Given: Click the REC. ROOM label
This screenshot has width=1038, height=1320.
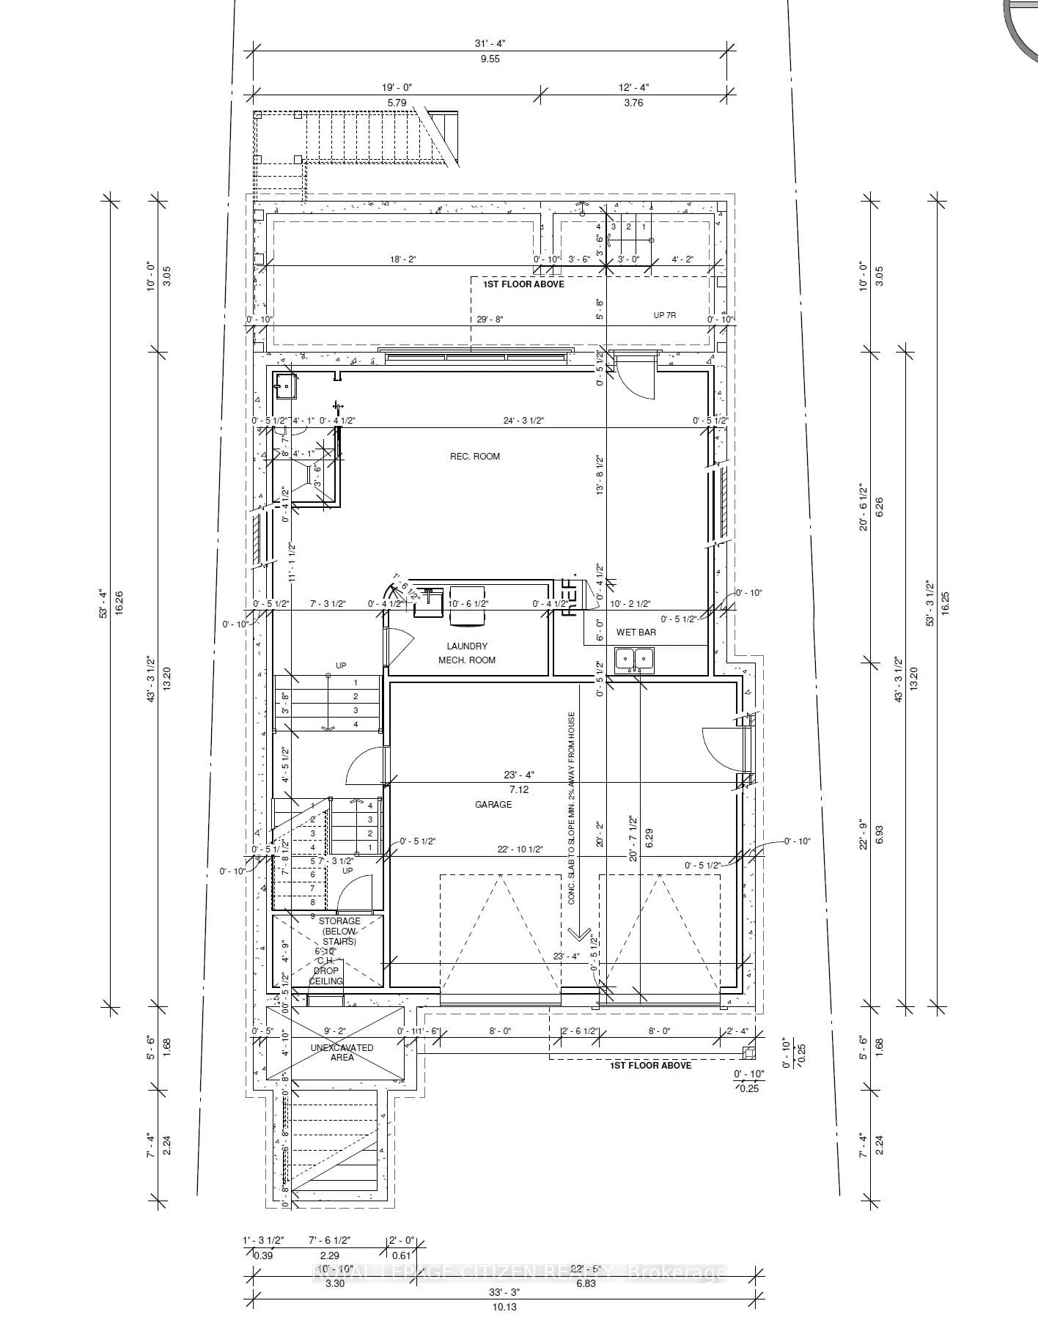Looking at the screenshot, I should [475, 457].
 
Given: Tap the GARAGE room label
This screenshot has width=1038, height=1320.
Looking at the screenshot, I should [493, 805].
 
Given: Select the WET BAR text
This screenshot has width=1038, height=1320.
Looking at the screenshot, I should [636, 633].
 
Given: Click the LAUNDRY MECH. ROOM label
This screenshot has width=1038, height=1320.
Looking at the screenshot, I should [467, 653].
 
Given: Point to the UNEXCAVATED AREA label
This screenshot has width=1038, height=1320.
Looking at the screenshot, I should [342, 1052].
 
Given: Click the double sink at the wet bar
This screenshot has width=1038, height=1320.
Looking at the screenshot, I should [635, 659].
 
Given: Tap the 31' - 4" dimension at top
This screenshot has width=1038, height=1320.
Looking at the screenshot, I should [490, 43].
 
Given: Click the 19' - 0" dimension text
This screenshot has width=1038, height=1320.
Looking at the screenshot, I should [397, 87].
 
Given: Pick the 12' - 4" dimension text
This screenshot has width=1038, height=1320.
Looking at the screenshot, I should [633, 87].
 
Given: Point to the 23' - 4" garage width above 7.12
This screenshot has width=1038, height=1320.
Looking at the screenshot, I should [519, 775].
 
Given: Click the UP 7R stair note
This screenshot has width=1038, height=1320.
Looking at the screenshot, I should [664, 315].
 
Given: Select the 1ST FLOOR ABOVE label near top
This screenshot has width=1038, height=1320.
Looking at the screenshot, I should [523, 284].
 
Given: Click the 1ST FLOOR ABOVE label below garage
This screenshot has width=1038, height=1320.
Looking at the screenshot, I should [650, 1065].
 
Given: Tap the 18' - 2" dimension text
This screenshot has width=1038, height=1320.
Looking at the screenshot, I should [402, 259].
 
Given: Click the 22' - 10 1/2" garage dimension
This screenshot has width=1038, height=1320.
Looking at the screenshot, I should [520, 849].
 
